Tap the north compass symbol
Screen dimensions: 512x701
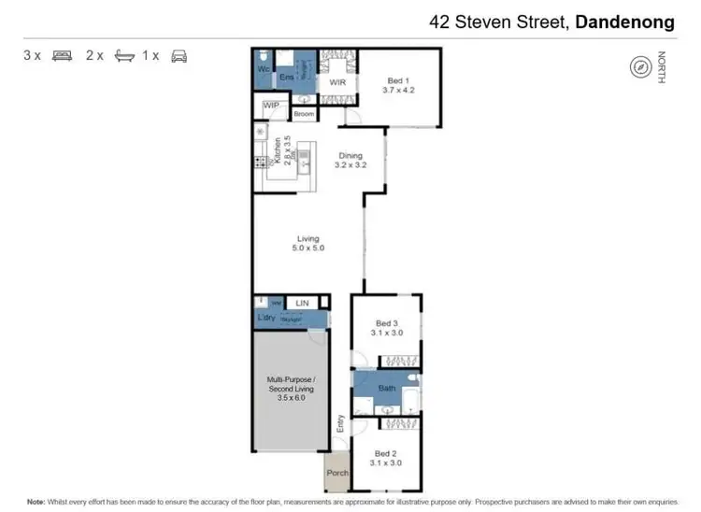640,68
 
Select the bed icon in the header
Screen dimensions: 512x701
63,55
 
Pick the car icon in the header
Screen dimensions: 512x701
179,55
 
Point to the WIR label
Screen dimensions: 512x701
337,82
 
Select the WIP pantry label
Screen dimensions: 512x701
272,105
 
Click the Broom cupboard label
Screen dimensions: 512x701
304,114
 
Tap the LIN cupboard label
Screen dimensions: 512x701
301,303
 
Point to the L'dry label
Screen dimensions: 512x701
265,319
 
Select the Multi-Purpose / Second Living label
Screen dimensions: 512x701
291,387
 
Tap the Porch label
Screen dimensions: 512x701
336,473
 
